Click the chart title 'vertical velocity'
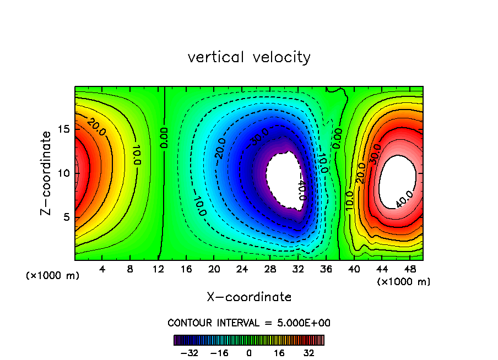249,57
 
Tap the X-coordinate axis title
249,297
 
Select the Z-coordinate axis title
47,173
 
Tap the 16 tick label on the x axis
186,269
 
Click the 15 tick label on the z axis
65,129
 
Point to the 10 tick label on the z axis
65,173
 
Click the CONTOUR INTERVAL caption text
249,323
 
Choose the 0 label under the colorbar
249,352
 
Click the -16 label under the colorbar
219,352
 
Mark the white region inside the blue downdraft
284,179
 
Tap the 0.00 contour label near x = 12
164,138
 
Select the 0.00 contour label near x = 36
338,139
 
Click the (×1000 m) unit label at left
53,276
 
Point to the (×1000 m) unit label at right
403,282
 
